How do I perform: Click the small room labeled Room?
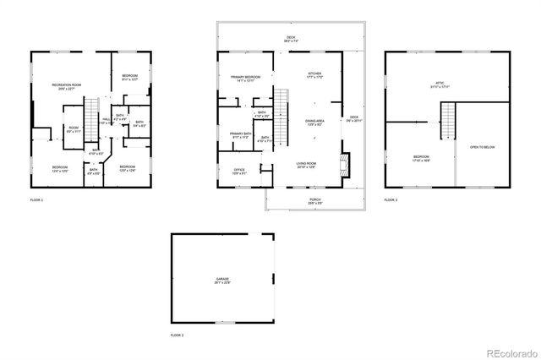(74, 129)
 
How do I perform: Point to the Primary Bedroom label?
(246, 79)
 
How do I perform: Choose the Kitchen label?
(314, 75)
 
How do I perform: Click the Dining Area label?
(314, 122)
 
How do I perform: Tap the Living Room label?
(306, 165)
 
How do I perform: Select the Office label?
(239, 172)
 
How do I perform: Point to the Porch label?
(314, 201)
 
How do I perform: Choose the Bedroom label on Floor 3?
(420, 158)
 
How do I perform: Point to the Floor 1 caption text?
(36, 200)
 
